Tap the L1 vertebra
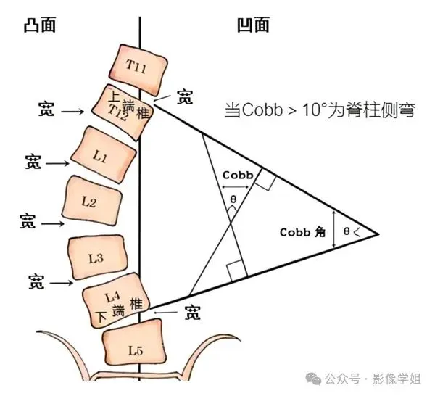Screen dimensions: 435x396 coord(104,155)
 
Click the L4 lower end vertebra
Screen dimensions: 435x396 coord(116,305)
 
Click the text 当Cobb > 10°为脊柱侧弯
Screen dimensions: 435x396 coord(319,112)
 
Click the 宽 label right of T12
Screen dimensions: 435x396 coord(186,97)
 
